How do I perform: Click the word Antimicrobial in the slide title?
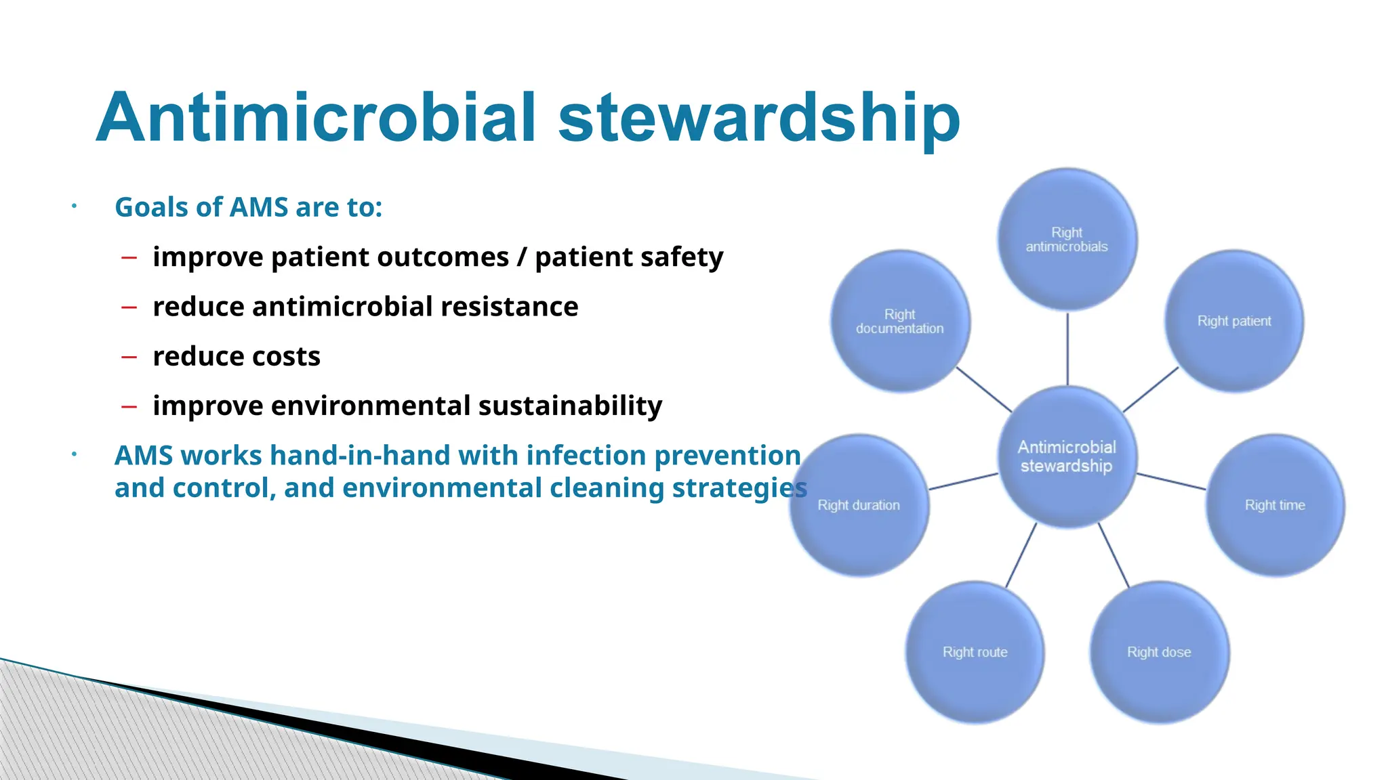point(317,118)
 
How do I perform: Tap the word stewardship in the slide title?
point(758,119)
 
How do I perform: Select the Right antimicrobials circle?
point(1067,239)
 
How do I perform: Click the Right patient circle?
point(1233,321)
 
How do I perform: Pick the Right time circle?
point(1274,505)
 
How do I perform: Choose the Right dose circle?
point(1159,652)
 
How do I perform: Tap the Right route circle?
point(975,652)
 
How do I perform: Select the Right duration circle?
point(859,505)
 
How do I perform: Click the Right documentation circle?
point(899,321)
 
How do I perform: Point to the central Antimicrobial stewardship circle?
point(1067,456)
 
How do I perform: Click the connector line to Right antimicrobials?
point(1067,349)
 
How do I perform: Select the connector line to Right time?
point(1170,481)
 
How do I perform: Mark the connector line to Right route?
point(1021,555)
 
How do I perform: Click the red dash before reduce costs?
point(129,357)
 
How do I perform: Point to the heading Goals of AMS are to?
point(248,207)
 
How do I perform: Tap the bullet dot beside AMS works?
point(75,455)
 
